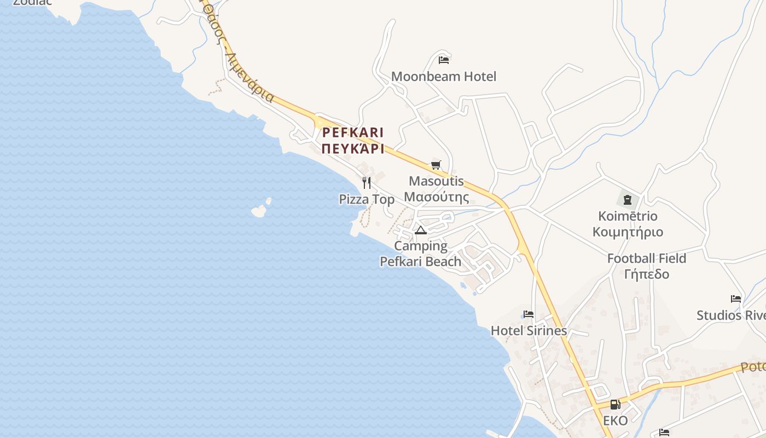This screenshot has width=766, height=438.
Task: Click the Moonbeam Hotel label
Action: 444,77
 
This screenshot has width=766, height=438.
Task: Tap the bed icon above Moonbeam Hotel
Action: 444,60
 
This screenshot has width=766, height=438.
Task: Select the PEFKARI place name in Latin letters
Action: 353,132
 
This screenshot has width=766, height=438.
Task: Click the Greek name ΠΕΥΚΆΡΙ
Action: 353,149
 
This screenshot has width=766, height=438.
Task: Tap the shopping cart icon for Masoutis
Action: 436,165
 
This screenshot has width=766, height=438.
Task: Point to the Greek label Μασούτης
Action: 437,197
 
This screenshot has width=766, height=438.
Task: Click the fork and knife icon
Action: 367,182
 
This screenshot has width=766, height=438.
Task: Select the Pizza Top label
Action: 367,199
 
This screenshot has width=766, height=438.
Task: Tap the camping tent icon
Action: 420,230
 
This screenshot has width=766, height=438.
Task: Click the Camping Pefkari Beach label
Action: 421,254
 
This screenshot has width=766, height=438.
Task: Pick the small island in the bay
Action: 259,210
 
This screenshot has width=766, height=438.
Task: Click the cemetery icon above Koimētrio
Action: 628,199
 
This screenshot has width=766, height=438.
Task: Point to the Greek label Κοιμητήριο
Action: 628,232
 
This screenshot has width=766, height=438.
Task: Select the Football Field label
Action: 647,258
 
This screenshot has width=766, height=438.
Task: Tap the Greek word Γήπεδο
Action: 647,274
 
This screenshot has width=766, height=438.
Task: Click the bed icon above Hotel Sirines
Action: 529,314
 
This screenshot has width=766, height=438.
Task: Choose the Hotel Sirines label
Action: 529,331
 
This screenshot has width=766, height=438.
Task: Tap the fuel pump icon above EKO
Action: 616,405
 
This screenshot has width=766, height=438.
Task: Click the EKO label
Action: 616,420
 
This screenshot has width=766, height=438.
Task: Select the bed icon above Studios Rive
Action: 736,299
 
